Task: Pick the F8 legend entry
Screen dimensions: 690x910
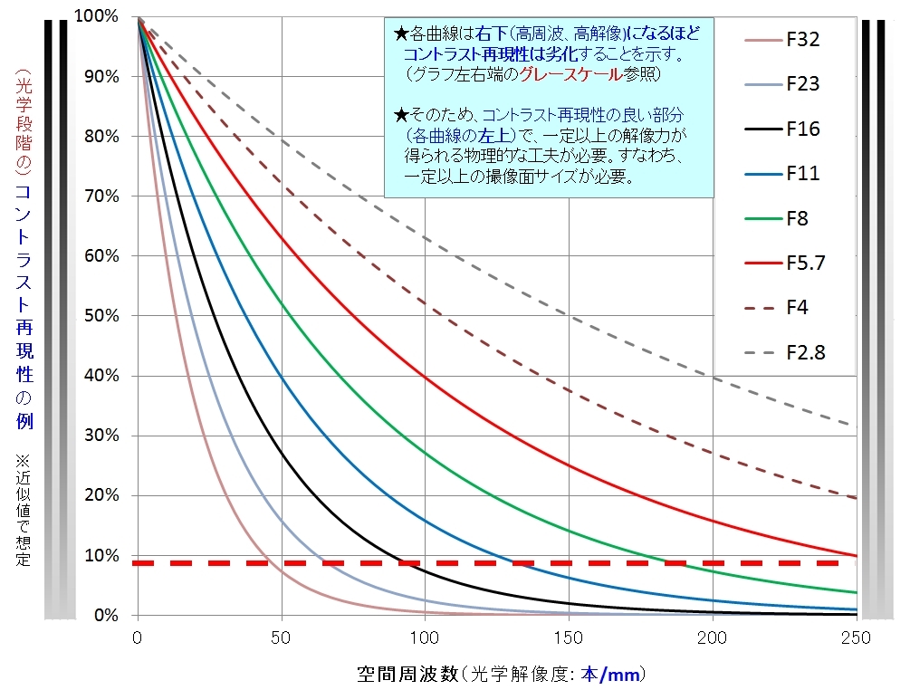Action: [x=798, y=218]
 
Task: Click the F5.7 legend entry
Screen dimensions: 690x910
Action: [x=806, y=263]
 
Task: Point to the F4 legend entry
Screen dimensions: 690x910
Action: [x=797, y=307]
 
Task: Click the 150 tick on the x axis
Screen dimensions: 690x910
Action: [x=569, y=637]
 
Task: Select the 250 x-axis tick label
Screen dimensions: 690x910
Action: [x=857, y=637]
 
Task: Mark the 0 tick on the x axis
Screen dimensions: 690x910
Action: [x=137, y=637]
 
